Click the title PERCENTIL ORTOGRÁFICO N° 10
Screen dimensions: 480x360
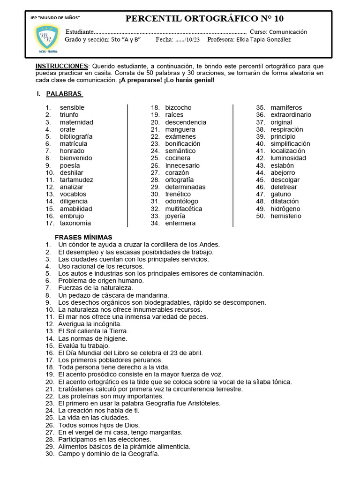point(204,19)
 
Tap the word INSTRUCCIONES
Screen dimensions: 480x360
point(62,66)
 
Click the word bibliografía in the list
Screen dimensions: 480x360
point(76,136)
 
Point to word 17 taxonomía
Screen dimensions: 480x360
point(75,223)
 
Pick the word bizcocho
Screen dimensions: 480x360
point(178,108)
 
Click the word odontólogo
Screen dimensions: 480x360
point(181,202)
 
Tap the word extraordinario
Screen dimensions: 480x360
point(291,115)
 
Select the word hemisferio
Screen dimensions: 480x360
point(286,216)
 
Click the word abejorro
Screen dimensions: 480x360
point(283,172)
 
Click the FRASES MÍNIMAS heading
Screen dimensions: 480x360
point(83,237)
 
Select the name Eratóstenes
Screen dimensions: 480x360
point(77,389)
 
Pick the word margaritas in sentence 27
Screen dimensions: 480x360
point(166,432)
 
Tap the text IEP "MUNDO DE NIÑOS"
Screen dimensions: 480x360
point(55,17)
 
